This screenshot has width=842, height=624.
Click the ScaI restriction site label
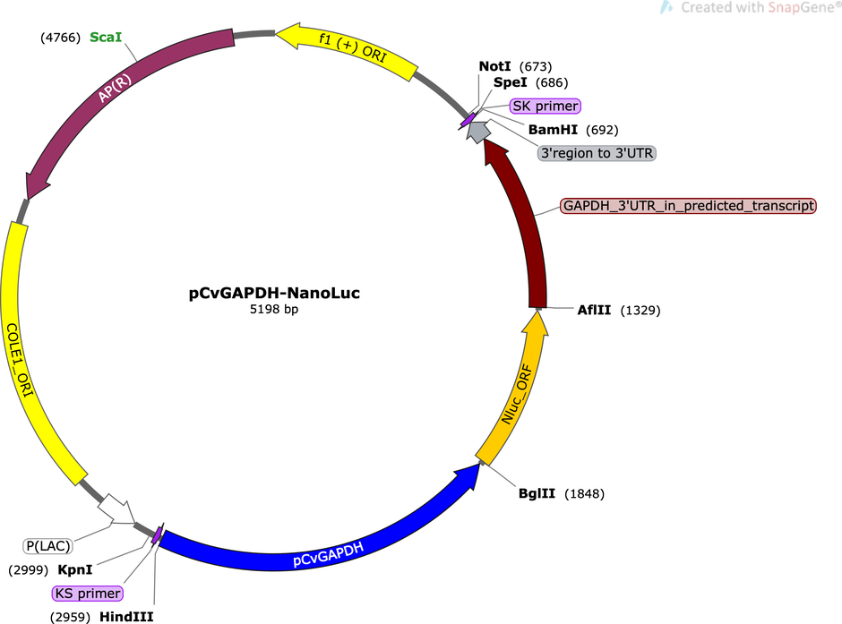pos(106,37)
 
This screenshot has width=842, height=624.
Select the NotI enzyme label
pos(494,66)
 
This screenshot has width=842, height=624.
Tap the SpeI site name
pos(511,82)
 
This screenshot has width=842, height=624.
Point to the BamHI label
pos(553,130)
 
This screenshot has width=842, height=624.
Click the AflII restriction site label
pos(594,310)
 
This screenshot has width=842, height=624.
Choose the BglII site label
pos(537,493)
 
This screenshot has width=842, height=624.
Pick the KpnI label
pos(75,569)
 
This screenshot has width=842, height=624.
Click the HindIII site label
pos(126,617)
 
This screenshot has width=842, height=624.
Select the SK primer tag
pos(546,107)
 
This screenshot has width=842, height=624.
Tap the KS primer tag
pos(88,594)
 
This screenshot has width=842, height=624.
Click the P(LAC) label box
pos(47,546)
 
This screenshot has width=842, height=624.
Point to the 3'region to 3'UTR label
pos(597,153)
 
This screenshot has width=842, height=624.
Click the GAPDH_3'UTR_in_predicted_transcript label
pos(688,206)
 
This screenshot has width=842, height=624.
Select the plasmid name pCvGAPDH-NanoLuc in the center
pos(274,293)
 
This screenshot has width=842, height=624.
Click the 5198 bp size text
pos(274,310)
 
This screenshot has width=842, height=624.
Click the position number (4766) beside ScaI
pos(60,38)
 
